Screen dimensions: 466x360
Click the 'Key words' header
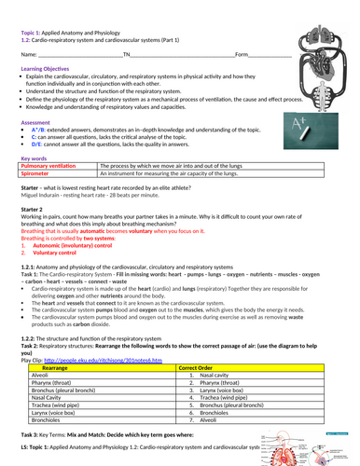(x=37, y=156)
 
